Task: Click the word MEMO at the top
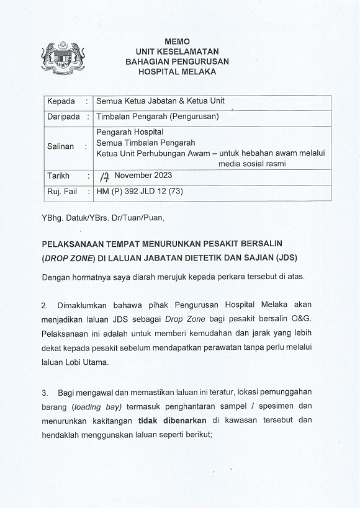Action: (x=178, y=40)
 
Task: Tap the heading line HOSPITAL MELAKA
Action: (x=178, y=72)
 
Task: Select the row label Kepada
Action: (x=61, y=101)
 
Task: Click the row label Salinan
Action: (x=61, y=147)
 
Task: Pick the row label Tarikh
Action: (x=58, y=176)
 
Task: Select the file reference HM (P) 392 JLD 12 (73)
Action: (x=140, y=192)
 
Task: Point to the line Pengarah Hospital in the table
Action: (x=130, y=132)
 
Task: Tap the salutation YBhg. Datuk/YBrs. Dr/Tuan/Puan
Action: (x=103, y=218)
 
